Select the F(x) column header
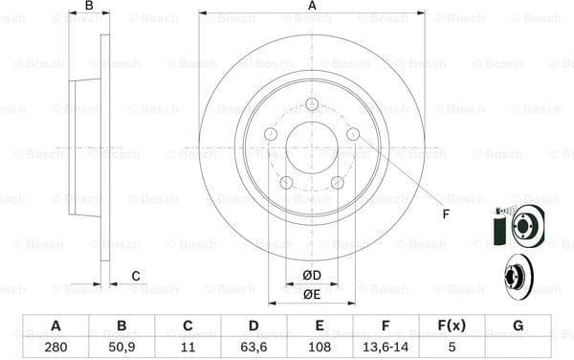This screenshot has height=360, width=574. click(453, 326)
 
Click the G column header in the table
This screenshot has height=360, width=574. click(518, 326)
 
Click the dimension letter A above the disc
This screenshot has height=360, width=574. click(312, 6)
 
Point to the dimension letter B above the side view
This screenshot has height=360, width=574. click(89, 6)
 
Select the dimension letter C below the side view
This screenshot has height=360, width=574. click(136, 277)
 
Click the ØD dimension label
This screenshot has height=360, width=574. click(312, 276)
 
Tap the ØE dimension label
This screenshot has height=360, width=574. click(312, 294)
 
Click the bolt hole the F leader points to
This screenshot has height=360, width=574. click(353, 135)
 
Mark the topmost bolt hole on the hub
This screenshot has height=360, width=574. click(312, 104)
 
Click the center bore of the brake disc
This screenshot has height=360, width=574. click(312, 147)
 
